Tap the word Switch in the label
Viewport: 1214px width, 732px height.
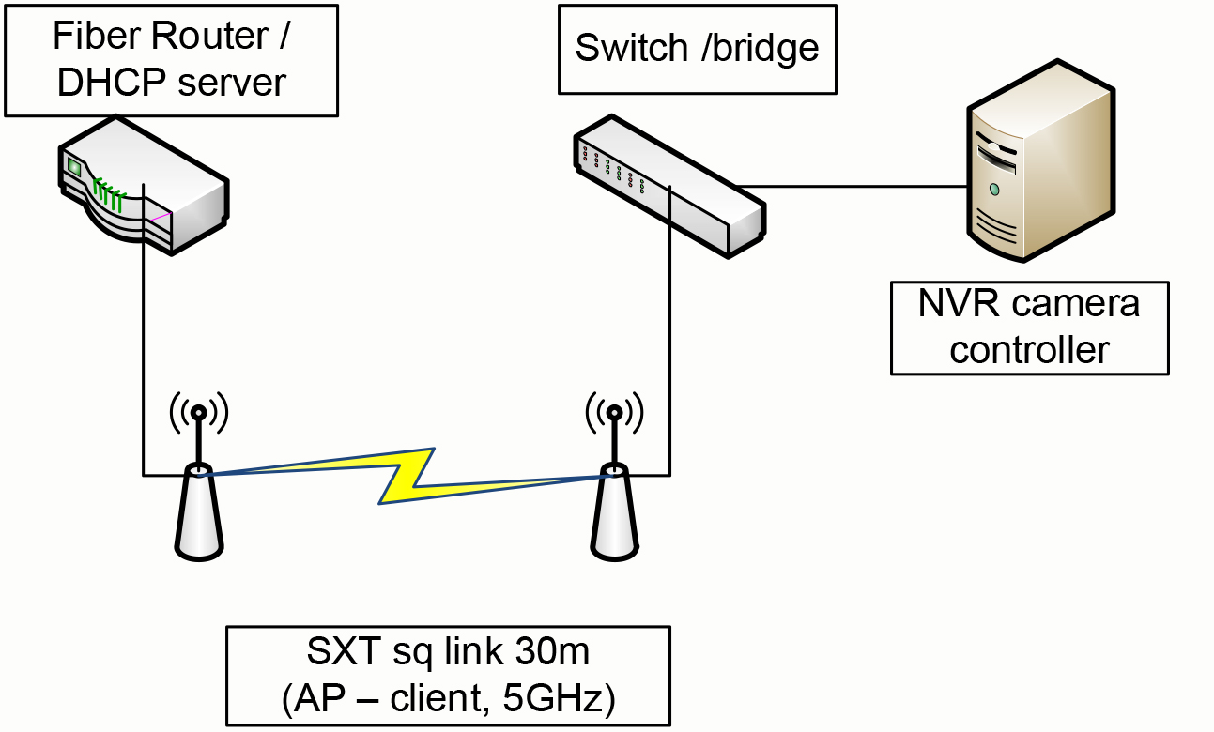pos(631,48)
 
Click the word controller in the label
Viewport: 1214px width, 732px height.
pos(1029,350)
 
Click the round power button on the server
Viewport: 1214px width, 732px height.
pos(993,190)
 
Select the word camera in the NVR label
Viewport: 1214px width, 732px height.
pos(1070,304)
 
